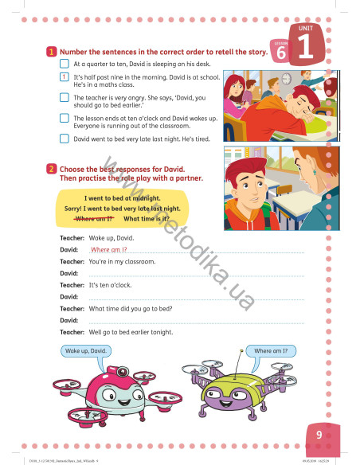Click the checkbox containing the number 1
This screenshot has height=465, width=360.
click(x=64, y=77)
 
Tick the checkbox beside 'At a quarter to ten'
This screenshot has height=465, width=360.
click(x=64, y=62)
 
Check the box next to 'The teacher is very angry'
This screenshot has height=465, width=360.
click(x=64, y=98)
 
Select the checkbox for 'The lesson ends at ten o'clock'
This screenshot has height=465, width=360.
click(x=64, y=118)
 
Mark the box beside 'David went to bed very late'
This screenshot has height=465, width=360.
click(x=64, y=137)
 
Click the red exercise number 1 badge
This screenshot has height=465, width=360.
click(x=52, y=51)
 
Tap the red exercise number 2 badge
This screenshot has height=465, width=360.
click(x=52, y=170)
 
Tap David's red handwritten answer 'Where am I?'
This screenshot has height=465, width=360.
click(x=110, y=250)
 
